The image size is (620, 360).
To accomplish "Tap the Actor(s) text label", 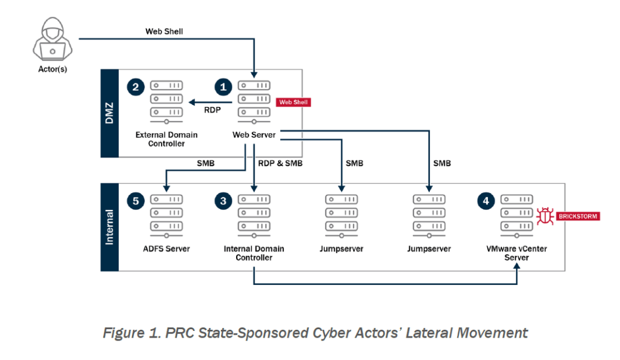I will (x=52, y=69).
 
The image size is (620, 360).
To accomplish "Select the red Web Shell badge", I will (x=294, y=102).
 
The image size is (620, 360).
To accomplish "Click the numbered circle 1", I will (x=224, y=88).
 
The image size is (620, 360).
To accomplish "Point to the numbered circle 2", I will (x=135, y=88).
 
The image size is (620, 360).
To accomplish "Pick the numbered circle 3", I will (x=224, y=201).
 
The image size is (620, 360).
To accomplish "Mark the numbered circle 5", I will (x=135, y=201).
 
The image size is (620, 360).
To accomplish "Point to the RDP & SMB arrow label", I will (x=280, y=163).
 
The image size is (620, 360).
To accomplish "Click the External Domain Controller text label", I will (x=167, y=139).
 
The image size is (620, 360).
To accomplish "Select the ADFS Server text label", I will (x=167, y=249).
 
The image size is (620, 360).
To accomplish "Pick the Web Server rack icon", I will (x=254, y=101).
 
